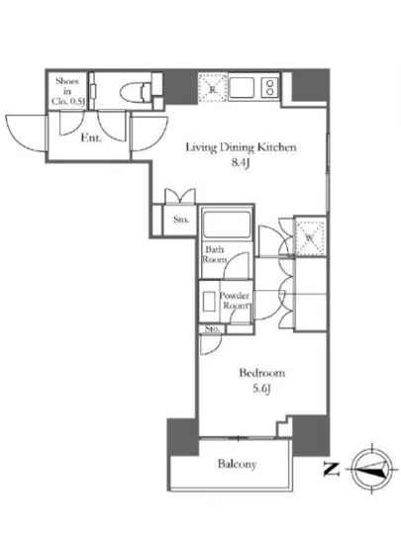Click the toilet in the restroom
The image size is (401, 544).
click(137, 92)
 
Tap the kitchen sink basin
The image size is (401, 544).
click(242, 87)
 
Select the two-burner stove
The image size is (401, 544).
click(269, 87)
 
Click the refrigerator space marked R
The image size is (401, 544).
click(213, 88)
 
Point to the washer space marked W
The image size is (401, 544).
click(309, 237)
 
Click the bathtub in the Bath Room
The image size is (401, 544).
click(227, 223)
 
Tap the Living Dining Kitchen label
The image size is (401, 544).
click(241, 147)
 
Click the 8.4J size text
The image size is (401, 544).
click(241, 163)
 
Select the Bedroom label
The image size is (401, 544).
click(262, 373)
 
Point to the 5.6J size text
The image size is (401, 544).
click(261, 389)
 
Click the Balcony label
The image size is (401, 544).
click(237, 464)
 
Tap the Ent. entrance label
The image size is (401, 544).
click(91, 138)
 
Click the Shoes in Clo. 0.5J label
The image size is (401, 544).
click(68, 91)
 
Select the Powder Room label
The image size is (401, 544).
click(235, 301)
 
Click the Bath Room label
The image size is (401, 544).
click(215, 254)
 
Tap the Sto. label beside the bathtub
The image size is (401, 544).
click(180, 220)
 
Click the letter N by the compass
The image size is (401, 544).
click(332, 469)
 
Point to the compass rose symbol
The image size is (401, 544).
click(372, 469)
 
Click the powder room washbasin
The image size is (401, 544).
click(209, 302)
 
